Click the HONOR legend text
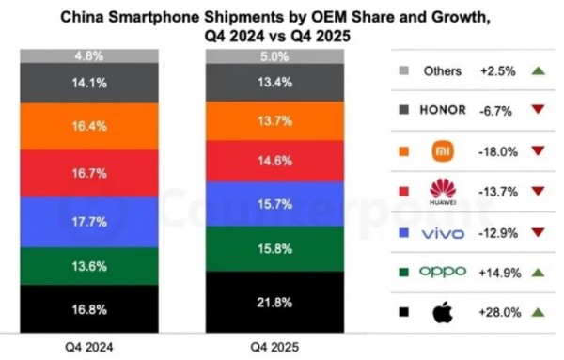pos(443,109)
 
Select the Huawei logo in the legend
pos(442,192)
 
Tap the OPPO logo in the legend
pos(443,272)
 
